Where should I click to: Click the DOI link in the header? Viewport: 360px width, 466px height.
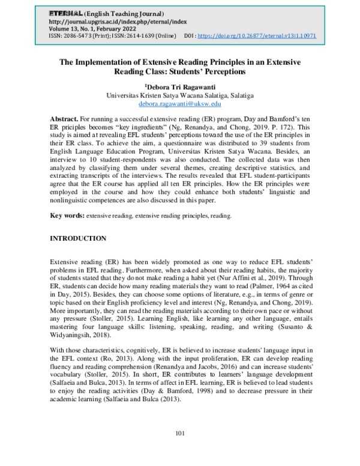256,35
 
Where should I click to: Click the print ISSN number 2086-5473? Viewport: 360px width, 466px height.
80,35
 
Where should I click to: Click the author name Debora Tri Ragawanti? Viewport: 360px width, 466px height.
180,86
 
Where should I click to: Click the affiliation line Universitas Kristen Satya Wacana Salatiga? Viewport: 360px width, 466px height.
180,95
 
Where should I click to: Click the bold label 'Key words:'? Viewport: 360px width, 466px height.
67,214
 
